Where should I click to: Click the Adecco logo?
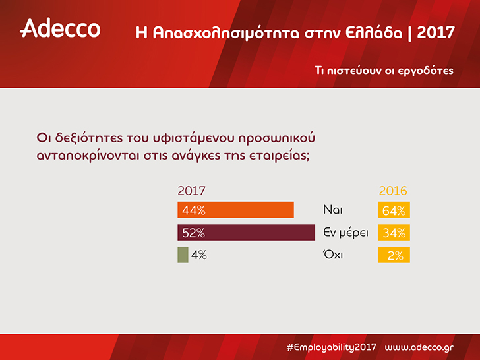coord(60,28)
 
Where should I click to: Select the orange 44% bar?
coord(236,210)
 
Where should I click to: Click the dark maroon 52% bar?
coord(246,232)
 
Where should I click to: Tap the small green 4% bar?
coord(183,255)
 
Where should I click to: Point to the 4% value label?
coord(199,255)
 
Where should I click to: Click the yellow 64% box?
coord(394,210)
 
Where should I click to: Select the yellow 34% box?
coord(394,232)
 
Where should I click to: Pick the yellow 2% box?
coord(394,255)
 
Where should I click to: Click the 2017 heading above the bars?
coord(191,191)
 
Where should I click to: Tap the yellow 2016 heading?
coord(393,191)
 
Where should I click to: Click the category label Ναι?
coord(333,210)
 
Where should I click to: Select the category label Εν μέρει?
coord(345,233)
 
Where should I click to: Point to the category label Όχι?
coord(333,255)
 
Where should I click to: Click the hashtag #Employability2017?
coord(331,347)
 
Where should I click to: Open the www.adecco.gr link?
coord(419,347)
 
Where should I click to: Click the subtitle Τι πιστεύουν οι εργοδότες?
coord(384,71)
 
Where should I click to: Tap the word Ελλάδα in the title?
coord(374,32)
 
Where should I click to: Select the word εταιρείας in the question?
coord(279,156)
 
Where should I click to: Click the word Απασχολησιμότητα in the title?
coord(226,33)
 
